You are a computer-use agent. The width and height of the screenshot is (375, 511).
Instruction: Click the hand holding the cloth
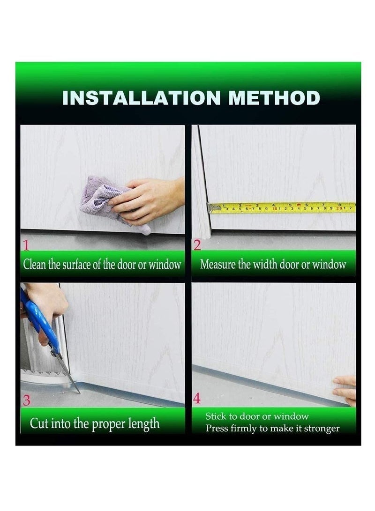(x=150, y=199)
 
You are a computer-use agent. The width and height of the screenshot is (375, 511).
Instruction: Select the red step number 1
(x=26, y=244)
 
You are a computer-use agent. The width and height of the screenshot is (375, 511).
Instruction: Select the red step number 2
(x=197, y=244)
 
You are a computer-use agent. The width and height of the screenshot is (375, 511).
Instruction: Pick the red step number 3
(x=27, y=401)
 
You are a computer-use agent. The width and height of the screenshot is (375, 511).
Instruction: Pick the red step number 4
(x=197, y=400)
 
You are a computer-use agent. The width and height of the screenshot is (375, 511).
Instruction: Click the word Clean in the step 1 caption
(x=35, y=264)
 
